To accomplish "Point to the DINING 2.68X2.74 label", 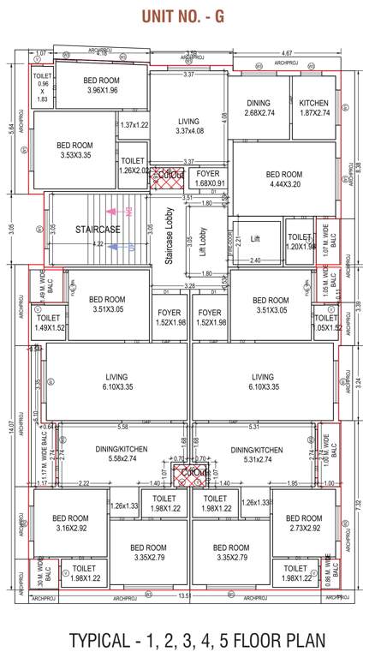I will coord(258,106).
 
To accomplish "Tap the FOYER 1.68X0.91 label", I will coord(210,178).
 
